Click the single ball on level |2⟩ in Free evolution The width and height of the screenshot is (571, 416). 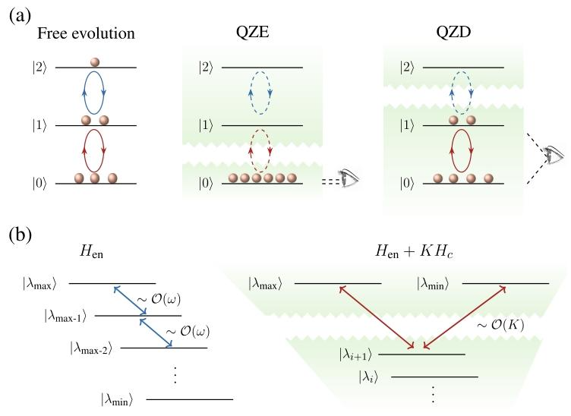(95, 61)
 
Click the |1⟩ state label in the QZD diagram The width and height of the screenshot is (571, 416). (393, 125)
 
